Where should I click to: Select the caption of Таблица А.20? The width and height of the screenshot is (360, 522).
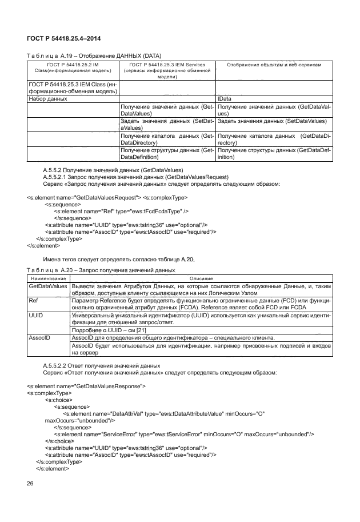coord(101,269)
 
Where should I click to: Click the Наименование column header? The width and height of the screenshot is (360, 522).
coord(47,277)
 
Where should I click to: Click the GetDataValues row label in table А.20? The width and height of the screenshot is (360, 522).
coord(47,285)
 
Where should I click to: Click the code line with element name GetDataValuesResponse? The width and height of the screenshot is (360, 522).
coord(86,386)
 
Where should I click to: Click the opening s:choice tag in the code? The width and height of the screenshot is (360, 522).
coord(58,400)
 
